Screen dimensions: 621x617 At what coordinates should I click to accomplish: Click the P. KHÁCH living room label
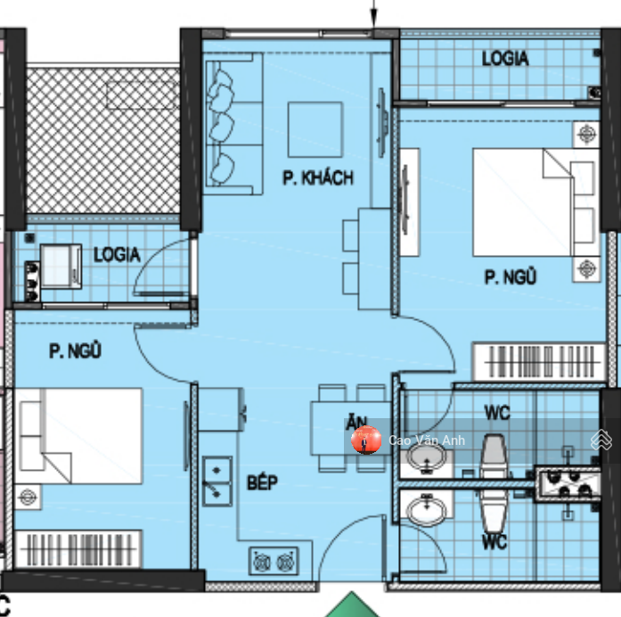click(x=318, y=177)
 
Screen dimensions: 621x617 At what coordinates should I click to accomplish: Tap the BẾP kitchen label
click(x=262, y=482)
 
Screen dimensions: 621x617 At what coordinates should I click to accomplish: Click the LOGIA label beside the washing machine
click(x=117, y=254)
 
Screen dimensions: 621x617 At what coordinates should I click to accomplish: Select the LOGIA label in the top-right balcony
click(x=505, y=58)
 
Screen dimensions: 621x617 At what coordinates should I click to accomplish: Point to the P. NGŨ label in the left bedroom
click(x=75, y=350)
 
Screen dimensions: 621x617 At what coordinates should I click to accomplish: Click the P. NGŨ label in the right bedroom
click(x=511, y=276)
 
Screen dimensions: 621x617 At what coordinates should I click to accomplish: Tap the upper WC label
click(x=497, y=413)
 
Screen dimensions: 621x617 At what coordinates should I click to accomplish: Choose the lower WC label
click(x=494, y=541)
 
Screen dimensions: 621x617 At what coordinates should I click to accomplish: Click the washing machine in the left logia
click(x=61, y=266)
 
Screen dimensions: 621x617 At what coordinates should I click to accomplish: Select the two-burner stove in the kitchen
click(x=274, y=561)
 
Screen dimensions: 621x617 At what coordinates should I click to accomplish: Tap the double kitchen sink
click(x=217, y=481)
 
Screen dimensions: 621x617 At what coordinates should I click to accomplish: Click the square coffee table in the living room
click(x=315, y=129)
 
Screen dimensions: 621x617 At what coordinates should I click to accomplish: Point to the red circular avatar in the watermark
click(x=366, y=440)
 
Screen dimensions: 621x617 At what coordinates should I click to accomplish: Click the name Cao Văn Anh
click(x=427, y=440)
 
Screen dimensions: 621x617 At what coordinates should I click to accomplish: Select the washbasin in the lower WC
click(x=426, y=510)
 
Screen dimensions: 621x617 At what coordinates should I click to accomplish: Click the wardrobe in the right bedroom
click(x=540, y=362)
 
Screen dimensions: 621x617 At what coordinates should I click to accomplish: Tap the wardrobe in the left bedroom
click(x=78, y=549)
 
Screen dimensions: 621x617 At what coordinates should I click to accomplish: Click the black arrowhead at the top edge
click(x=373, y=19)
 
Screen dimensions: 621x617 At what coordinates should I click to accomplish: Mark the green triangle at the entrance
click(x=352, y=606)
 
